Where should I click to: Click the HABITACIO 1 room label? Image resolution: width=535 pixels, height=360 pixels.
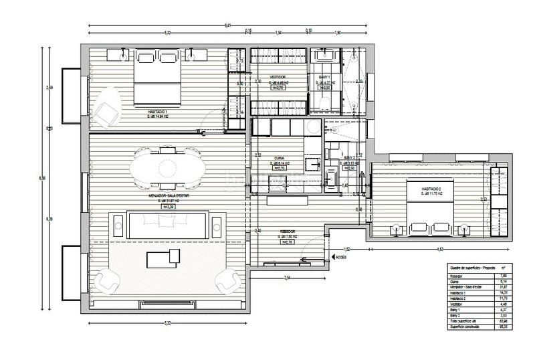[x=158, y=111]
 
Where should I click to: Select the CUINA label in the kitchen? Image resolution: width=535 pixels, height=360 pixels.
[x=279, y=158]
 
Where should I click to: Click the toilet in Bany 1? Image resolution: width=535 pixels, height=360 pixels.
[x=323, y=102]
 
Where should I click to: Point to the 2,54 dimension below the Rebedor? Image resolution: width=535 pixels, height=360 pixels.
[x=287, y=276]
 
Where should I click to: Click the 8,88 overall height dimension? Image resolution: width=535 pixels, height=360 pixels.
[x=43, y=177]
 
